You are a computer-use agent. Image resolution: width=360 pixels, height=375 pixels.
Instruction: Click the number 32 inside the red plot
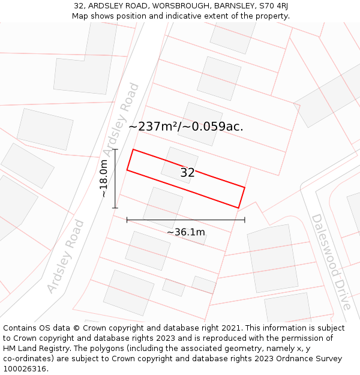click(x=187, y=173)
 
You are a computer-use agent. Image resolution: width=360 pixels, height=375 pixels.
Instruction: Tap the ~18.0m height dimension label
click(x=103, y=178)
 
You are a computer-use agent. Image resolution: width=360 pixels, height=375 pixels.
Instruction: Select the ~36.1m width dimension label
click(x=185, y=232)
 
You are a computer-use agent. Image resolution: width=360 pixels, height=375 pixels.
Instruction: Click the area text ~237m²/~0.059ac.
click(x=185, y=127)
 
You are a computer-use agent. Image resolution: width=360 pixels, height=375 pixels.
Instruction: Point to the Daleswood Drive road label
click(x=330, y=262)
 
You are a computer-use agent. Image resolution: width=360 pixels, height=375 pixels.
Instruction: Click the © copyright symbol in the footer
click(x=76, y=328)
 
